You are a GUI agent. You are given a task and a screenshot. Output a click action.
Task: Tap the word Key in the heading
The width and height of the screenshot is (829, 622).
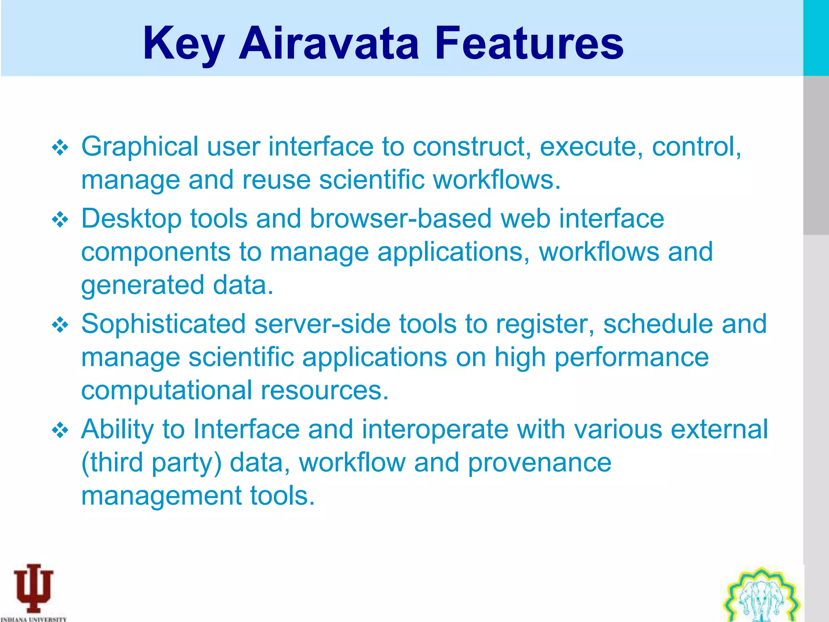point(183,44)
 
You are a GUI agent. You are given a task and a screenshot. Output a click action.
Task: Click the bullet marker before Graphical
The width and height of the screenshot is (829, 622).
point(60,148)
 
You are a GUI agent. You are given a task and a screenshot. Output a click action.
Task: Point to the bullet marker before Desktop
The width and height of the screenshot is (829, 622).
point(60,220)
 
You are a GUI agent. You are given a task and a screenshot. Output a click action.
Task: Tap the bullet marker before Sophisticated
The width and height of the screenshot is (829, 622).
point(60,325)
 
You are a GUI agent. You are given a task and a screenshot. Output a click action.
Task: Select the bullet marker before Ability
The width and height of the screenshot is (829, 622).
point(60,430)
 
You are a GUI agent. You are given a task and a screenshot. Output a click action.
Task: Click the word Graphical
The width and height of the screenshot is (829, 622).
point(140,147)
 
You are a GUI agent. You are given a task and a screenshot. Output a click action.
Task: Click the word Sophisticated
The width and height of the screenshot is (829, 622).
point(164,324)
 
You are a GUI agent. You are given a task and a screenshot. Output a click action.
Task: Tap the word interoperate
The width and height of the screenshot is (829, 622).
point(435,429)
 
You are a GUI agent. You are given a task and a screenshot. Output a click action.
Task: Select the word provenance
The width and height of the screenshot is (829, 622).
point(540,462)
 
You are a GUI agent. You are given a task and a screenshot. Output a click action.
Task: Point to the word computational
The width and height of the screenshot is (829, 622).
point(166,390)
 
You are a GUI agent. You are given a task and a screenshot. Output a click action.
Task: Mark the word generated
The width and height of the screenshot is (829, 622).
point(142,285)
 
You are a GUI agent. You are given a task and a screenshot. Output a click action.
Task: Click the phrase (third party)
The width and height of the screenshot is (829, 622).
point(151,462)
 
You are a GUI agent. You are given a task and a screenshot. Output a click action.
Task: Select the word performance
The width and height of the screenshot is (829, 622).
point(631,357)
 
